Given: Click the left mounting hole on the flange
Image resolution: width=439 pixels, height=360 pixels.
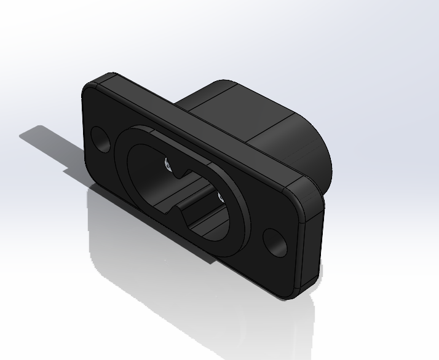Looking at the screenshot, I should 101,139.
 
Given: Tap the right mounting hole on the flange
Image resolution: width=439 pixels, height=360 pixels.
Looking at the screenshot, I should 275,243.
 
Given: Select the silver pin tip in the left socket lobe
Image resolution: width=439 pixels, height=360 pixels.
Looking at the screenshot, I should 168,164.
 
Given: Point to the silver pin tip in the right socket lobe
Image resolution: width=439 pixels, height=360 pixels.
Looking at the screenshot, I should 219,198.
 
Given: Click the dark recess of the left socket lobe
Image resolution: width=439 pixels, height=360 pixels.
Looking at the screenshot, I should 148,169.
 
